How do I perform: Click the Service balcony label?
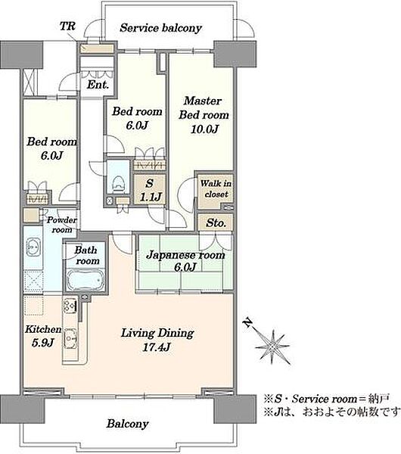click(x=160, y=28)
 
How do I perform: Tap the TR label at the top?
click(x=67, y=26)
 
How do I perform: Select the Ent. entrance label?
click(x=98, y=85)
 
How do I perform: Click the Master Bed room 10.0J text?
click(x=204, y=115)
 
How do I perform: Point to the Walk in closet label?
click(x=216, y=188)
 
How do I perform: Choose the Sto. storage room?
click(x=216, y=222)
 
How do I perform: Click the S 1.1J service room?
click(x=149, y=190)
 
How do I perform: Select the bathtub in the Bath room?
click(x=85, y=279)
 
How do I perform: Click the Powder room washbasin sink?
click(x=33, y=247)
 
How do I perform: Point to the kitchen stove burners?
click(x=70, y=306)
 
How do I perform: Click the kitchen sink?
click(x=70, y=338)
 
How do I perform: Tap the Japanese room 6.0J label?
click(x=185, y=260)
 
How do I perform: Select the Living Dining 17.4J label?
click(x=157, y=339)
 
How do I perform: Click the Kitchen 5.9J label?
click(x=43, y=336)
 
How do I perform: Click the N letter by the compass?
click(x=247, y=322)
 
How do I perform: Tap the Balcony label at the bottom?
click(x=127, y=424)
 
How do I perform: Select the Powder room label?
click(x=62, y=225)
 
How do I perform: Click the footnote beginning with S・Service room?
click(x=327, y=399)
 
